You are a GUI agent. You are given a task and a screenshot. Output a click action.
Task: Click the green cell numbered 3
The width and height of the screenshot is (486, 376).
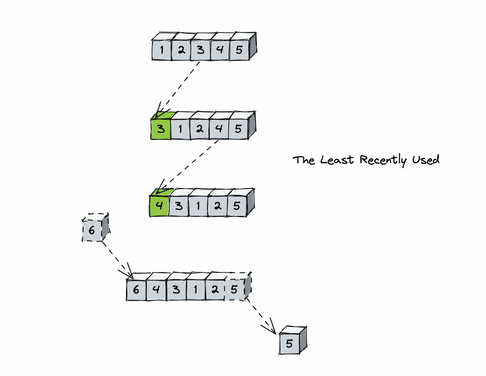coord(161,129)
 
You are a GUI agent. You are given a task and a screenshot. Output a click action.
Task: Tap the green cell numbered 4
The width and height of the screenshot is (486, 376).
coord(159,206)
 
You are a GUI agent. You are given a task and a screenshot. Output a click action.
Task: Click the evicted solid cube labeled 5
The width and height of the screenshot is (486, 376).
coord(289,343)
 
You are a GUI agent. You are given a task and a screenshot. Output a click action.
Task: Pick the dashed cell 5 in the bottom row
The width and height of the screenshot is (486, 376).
coord(234,290)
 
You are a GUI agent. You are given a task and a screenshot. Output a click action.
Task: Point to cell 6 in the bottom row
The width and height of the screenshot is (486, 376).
coord(136,290)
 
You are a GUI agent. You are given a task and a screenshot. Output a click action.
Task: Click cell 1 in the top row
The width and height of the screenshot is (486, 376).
coord(162,50)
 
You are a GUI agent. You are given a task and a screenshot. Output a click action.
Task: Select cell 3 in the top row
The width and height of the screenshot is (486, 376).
coord(200,50)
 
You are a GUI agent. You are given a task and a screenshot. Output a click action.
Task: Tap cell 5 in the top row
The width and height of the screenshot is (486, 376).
coord(239,50)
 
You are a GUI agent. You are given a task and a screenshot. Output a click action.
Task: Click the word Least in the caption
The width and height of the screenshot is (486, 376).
coord(337,160)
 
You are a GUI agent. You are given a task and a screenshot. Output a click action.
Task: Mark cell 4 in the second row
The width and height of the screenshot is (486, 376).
coord(219,129)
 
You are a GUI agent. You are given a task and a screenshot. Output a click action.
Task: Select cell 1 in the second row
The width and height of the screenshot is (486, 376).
coord(180,129)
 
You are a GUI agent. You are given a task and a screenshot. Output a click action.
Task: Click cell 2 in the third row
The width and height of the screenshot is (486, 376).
coord(218,206)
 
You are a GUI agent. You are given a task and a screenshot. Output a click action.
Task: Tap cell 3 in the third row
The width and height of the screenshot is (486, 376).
coord(179,206)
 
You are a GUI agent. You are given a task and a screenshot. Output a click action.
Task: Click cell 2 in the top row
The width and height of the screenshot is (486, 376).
coord(181,50)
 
